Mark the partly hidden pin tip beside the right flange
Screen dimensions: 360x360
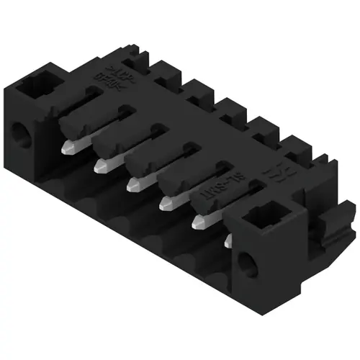tap(229, 240)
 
